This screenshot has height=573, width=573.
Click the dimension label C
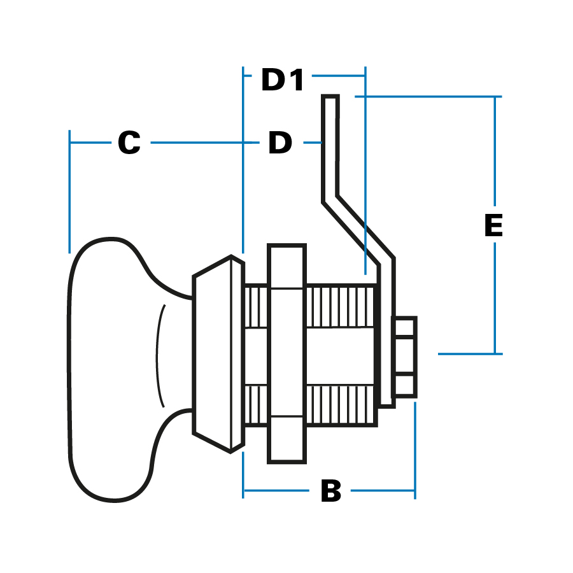coord(129,143)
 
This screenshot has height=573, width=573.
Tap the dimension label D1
coord(283,81)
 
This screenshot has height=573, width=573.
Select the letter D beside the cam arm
coord(279,143)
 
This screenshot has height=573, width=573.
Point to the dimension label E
coord(493,226)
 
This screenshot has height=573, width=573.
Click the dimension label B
coord(330,492)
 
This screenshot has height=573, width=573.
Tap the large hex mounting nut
coord(286,353)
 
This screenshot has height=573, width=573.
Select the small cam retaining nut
coord(405,357)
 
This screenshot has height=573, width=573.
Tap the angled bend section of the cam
coord(360,229)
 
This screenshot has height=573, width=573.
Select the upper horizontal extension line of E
coord(427,97)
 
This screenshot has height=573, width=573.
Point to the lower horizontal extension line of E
coord(468,353)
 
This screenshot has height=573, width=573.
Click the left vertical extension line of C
coord(69,191)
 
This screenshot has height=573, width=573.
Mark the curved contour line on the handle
coord(159,357)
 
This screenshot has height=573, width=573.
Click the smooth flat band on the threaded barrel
coord(341,357)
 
